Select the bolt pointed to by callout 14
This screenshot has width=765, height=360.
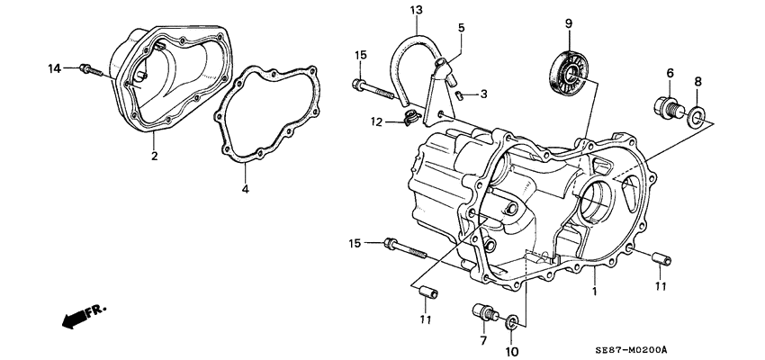tap(87, 67)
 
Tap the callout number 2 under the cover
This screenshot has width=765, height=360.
tap(154, 157)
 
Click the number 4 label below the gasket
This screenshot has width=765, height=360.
tap(244, 190)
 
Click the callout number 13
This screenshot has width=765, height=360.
tap(415, 10)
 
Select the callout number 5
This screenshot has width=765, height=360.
tap(461, 28)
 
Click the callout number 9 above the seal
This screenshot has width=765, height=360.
tap(568, 22)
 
